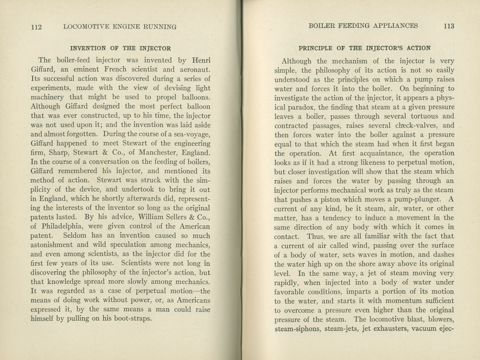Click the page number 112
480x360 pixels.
[x=36, y=27]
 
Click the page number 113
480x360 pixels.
[x=448, y=26]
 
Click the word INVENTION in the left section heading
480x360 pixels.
[x=88, y=48]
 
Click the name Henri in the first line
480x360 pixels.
[x=201, y=60]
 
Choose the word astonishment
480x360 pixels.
[x=51, y=245]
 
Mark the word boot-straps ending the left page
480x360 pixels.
[x=132, y=319]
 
